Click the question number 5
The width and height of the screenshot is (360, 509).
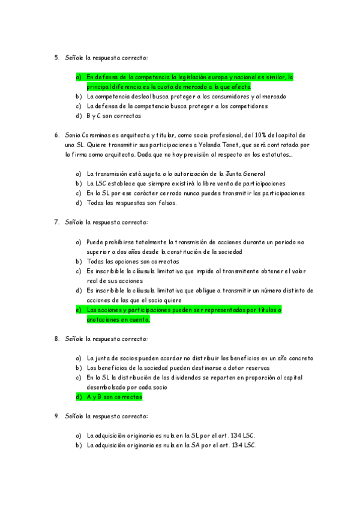pos(56,58)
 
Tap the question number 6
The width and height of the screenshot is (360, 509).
pos(56,135)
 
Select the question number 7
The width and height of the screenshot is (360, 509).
pos(56,222)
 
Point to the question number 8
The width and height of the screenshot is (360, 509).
pos(56,339)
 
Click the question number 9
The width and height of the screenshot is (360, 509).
pos(56,416)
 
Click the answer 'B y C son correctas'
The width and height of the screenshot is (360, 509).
pos(114,116)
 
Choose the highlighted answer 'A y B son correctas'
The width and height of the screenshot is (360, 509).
pos(115,397)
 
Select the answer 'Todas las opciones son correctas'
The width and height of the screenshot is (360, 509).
pos(133,261)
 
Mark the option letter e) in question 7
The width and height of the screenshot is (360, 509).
pos(78,310)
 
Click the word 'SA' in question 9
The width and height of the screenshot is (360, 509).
pos(187,445)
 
